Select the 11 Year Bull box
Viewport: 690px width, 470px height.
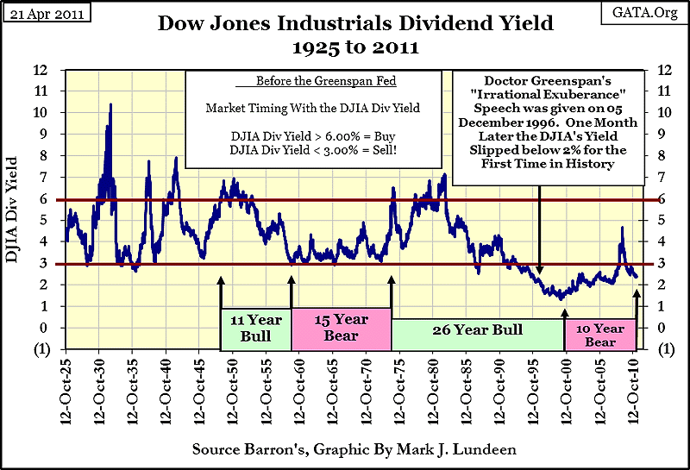click(255, 327)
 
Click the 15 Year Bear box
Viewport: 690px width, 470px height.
click(341, 327)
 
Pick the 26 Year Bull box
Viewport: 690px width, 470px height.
click(477, 331)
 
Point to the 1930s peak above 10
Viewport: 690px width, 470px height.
click(110, 105)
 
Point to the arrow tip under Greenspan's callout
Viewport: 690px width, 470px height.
click(539, 273)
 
